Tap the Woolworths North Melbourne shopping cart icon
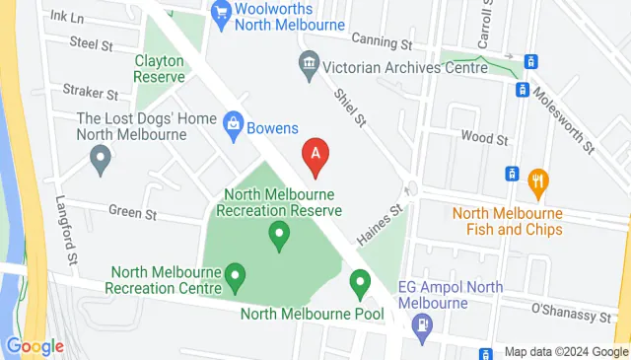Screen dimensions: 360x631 (221, 12)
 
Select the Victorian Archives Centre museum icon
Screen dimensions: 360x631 (310, 64)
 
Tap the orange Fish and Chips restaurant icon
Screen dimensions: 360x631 (537, 180)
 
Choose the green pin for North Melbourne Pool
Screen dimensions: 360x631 (360, 283)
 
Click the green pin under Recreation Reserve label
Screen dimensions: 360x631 (279, 235)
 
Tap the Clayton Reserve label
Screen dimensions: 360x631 (161, 67)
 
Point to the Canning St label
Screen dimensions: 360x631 (383, 43)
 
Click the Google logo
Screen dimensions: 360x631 (35, 346)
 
